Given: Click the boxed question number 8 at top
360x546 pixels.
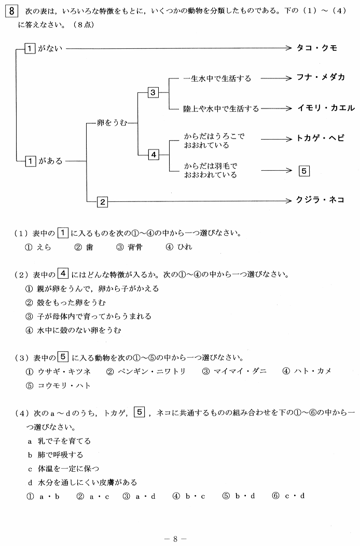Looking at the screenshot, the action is (x=11, y=11).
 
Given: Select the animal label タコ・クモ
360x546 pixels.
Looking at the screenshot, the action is (x=316, y=48).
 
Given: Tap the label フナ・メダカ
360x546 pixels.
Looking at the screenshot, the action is (x=320, y=77).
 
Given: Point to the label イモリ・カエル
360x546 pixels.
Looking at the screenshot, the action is (x=326, y=108).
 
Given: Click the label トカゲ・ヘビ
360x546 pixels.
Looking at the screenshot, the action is (x=320, y=138).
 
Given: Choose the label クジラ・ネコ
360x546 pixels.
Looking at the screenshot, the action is (x=320, y=200).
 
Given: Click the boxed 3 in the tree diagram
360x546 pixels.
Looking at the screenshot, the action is (x=153, y=92).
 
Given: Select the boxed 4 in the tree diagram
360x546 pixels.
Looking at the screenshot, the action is (x=154, y=155).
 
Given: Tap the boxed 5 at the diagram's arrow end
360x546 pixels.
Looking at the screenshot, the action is (x=304, y=171).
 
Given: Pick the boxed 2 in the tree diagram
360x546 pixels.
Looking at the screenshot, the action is (x=102, y=201).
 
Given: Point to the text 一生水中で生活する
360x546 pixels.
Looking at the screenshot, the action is (x=217, y=79).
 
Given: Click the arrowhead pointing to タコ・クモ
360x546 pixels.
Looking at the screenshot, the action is (x=288, y=48).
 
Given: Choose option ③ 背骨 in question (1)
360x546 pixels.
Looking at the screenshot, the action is (x=129, y=247).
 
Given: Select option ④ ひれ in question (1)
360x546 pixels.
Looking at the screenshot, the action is (x=179, y=247).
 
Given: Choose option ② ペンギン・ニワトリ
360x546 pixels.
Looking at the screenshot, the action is (x=146, y=372).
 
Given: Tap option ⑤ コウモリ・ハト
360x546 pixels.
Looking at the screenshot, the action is (x=58, y=386).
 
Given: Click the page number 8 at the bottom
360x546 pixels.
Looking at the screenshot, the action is (x=175, y=539).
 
